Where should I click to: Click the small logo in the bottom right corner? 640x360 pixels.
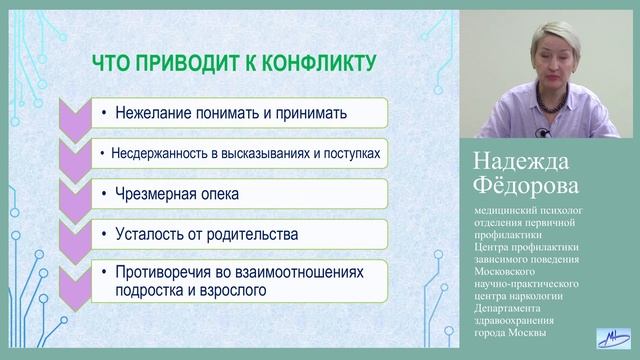tap(612, 339)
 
